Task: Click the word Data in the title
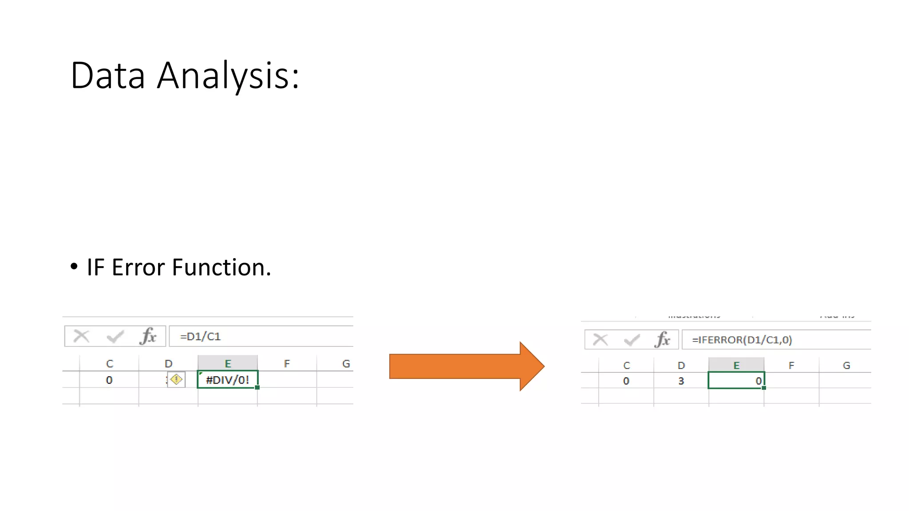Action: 108,76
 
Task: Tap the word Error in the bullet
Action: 138,267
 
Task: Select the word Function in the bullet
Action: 221,267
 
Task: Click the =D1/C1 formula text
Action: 200,337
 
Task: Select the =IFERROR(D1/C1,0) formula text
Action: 742,340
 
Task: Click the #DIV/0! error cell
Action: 227,380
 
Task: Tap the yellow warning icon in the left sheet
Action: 176,380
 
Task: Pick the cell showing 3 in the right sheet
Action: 681,381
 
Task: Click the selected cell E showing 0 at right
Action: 736,381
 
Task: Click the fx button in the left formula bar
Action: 148,336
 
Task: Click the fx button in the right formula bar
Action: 662,340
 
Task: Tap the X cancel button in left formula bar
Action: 81,336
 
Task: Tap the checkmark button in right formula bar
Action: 632,340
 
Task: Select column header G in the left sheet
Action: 346,364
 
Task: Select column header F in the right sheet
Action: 791,366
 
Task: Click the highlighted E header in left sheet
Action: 228,364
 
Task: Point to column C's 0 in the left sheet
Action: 109,380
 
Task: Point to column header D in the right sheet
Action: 681,366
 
